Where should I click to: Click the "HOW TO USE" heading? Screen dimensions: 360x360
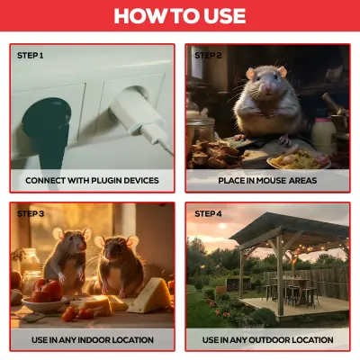click(x=180, y=15)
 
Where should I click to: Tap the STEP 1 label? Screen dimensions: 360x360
click(x=30, y=56)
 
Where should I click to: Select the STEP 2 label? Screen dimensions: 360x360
click(x=208, y=56)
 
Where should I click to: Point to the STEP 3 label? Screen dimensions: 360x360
click(x=31, y=213)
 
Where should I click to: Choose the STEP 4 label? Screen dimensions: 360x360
click(x=208, y=213)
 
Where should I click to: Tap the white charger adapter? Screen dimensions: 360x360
click(x=137, y=114)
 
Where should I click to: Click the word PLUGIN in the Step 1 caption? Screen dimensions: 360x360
click(x=107, y=180)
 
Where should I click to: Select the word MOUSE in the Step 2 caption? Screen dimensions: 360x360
click(x=271, y=180)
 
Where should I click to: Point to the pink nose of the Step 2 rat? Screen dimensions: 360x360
click(x=267, y=88)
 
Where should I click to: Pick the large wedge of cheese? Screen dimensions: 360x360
click(x=150, y=295)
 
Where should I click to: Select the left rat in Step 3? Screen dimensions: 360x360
click(x=67, y=259)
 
